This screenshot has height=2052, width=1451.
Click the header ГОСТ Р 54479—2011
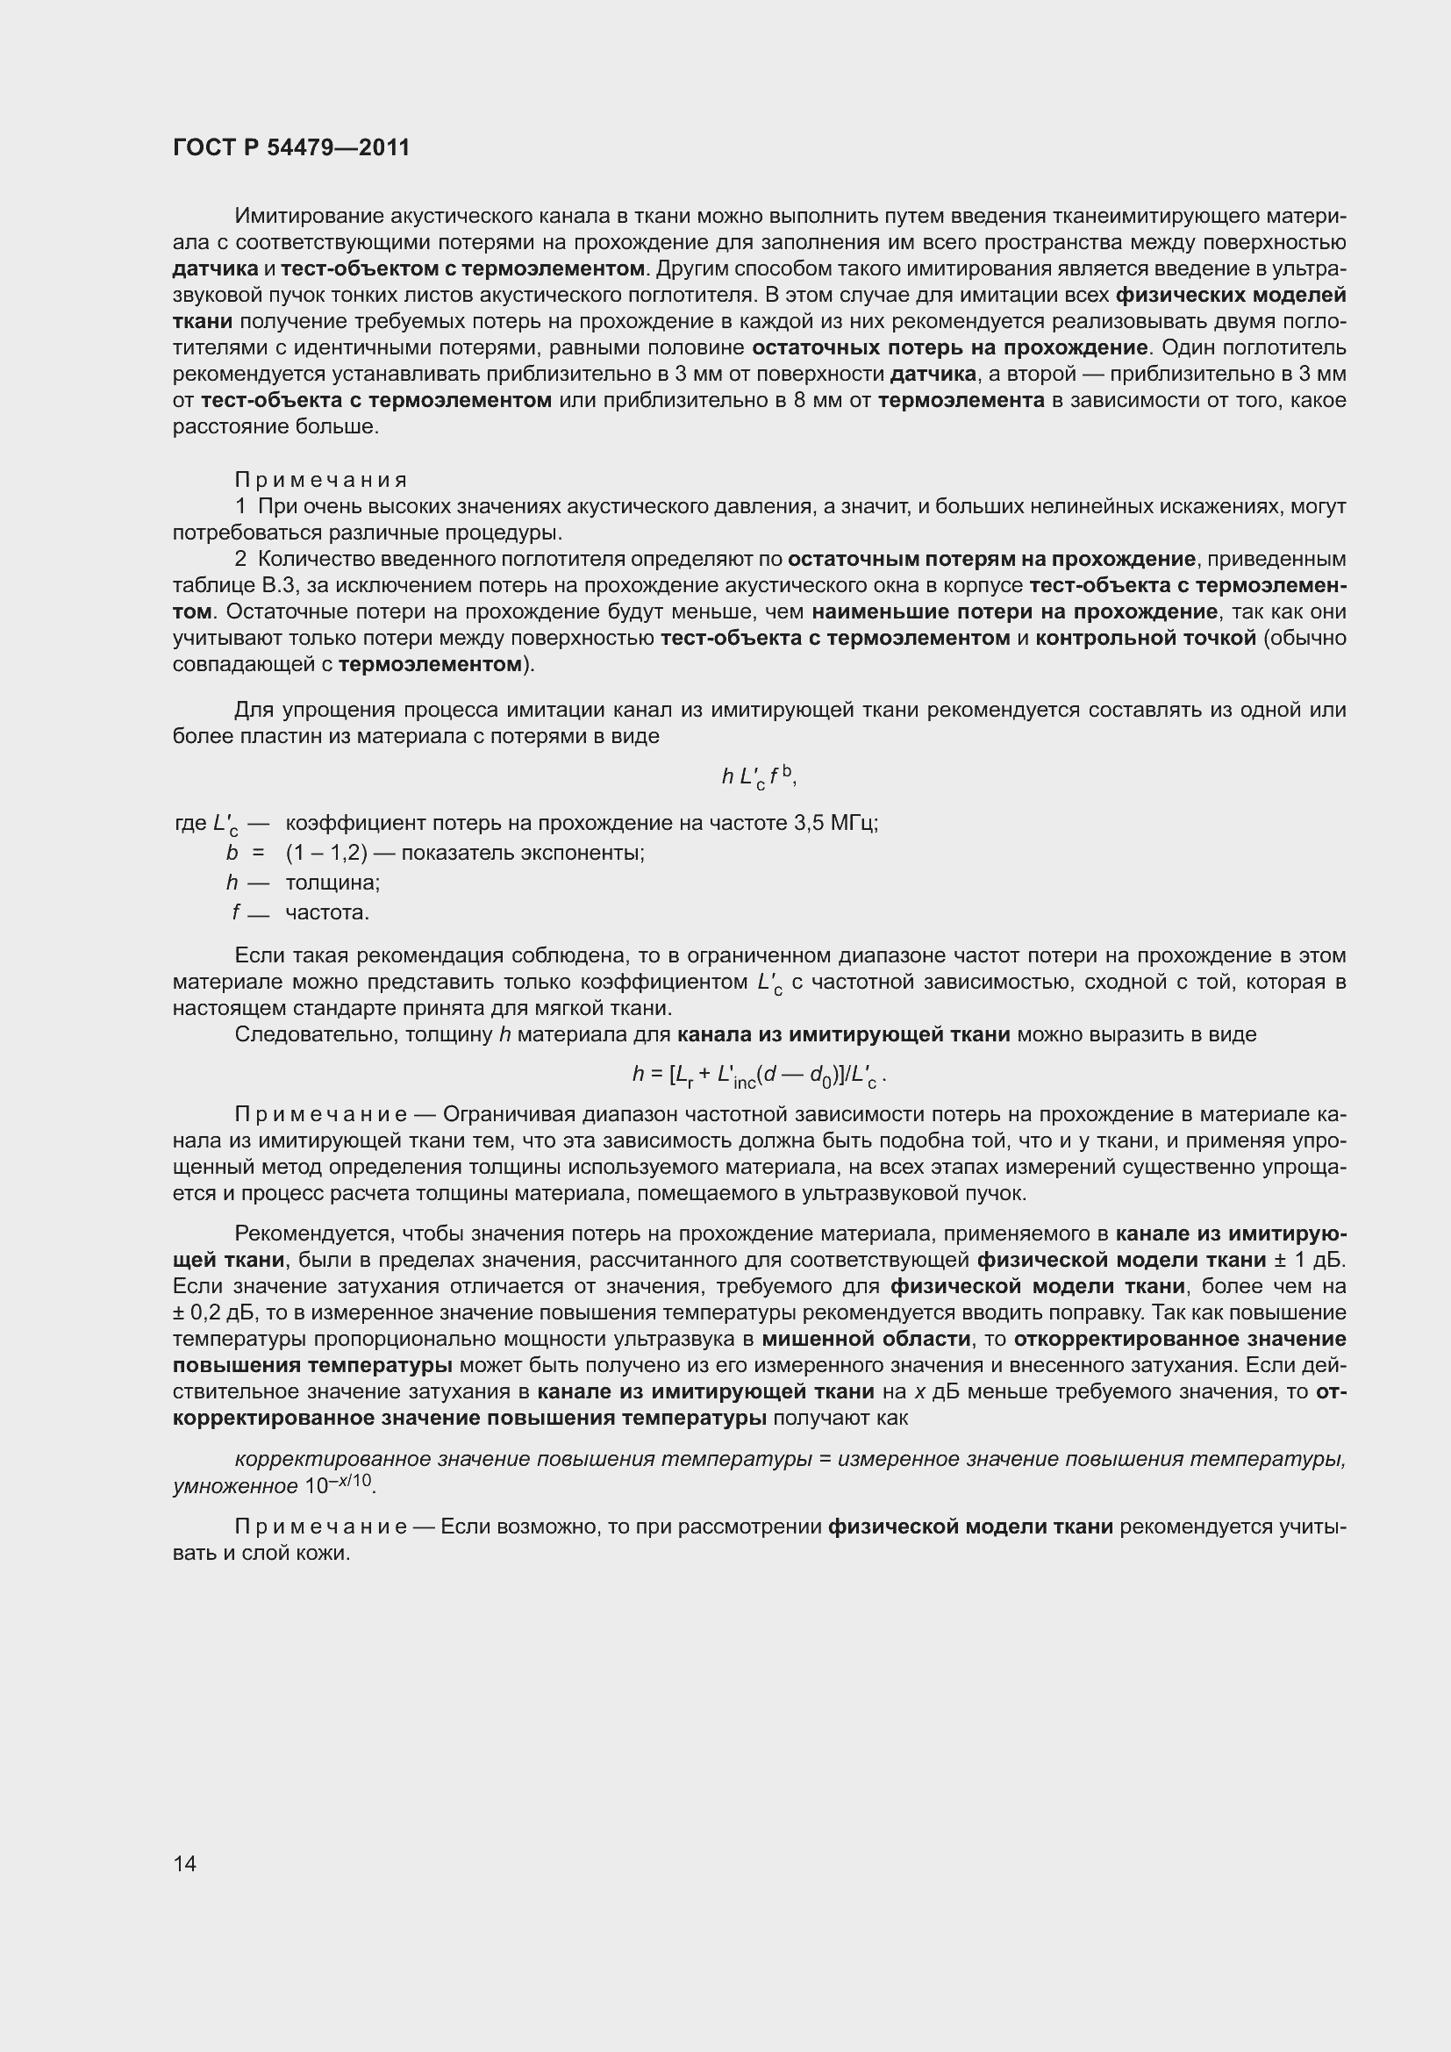[291, 147]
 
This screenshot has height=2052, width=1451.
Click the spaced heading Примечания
[322, 481]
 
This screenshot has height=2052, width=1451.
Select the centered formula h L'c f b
[759, 777]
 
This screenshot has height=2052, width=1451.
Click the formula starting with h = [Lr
[759, 1076]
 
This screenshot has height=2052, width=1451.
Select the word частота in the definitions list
[326, 912]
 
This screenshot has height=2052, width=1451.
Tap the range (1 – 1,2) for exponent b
[326, 853]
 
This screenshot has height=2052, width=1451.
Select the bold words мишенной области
[866, 1339]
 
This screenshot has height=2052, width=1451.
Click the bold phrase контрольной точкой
[1146, 638]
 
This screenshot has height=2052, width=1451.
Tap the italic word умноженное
[235, 1487]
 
